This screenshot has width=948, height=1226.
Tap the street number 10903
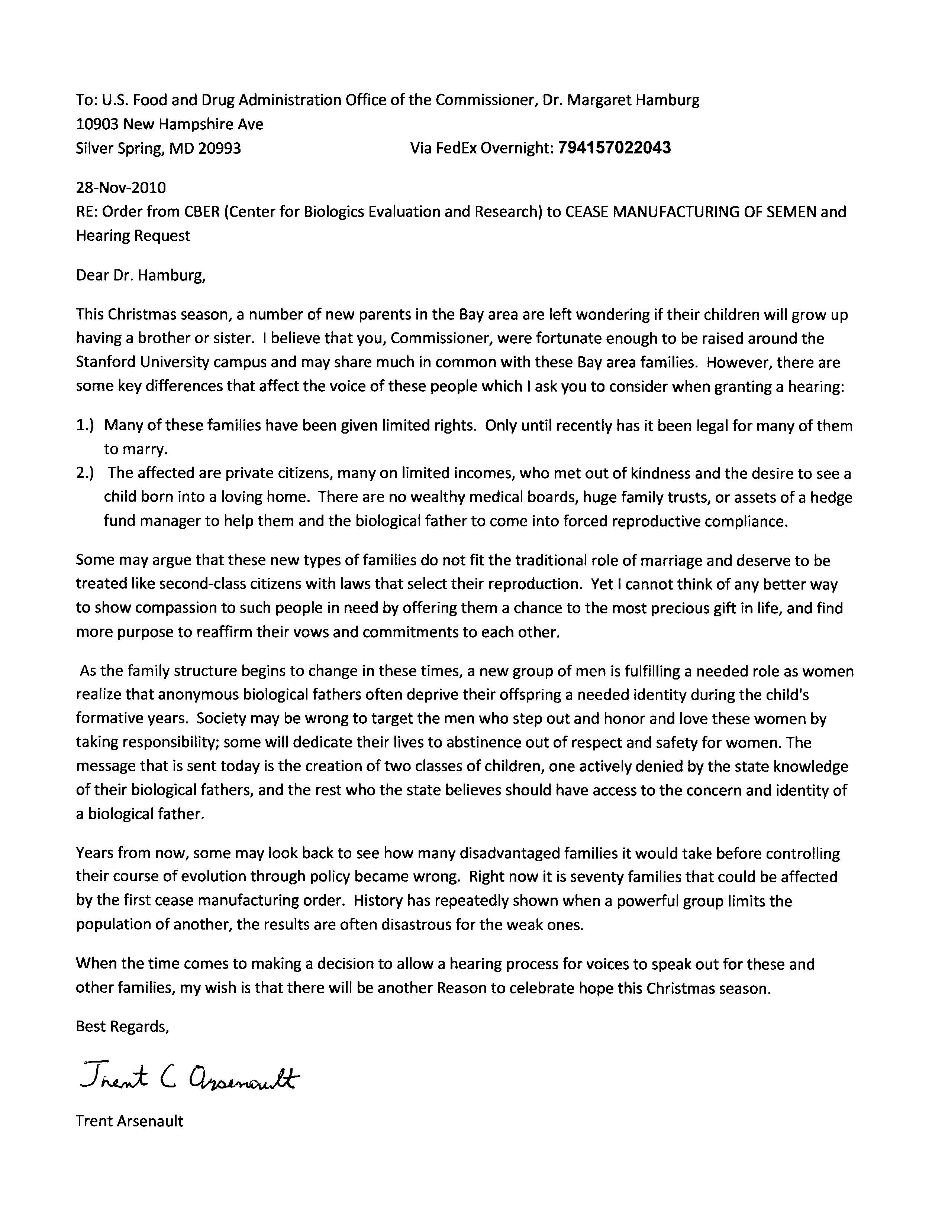(97, 124)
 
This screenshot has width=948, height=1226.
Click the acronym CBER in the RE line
(199, 212)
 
